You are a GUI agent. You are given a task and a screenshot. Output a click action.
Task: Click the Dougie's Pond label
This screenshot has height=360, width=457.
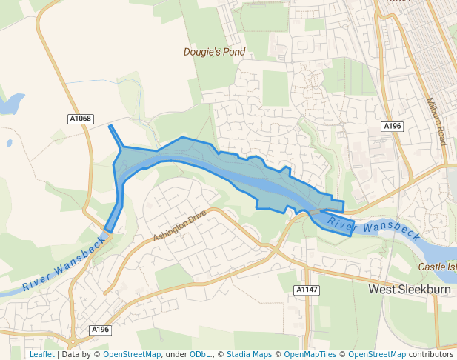(x=214, y=53)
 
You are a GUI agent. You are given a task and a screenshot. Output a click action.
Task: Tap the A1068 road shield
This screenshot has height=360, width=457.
(x=80, y=119)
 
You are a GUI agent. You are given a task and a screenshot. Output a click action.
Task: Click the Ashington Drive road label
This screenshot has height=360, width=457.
(x=179, y=226)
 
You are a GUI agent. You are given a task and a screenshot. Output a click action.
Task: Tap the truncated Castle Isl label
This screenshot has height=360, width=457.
(x=437, y=267)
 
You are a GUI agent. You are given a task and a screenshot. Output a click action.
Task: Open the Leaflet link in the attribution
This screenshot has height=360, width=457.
(x=41, y=355)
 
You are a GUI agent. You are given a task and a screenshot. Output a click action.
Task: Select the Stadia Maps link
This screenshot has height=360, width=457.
(x=249, y=355)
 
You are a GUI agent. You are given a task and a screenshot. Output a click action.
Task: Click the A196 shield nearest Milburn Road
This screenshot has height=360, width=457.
(x=392, y=127)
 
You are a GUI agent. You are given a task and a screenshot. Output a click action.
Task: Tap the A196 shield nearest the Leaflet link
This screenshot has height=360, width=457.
(x=100, y=329)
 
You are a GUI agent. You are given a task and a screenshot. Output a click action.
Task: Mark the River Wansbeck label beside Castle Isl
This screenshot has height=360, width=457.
(x=374, y=229)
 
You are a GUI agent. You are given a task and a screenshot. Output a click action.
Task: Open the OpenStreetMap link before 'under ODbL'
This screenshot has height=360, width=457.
(x=131, y=355)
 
